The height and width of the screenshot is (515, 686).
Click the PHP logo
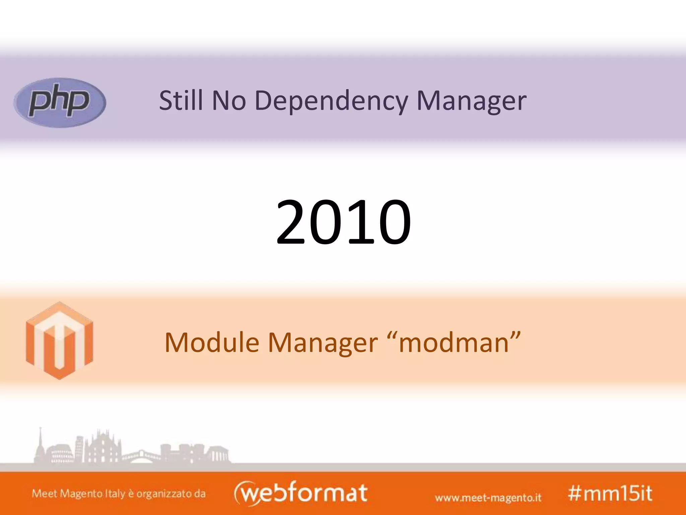pyautogui.click(x=60, y=103)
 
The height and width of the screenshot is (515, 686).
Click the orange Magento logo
pyautogui.click(x=59, y=341)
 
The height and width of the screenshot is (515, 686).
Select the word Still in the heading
pyautogui.click(x=181, y=100)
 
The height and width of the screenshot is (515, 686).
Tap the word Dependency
pyautogui.click(x=331, y=101)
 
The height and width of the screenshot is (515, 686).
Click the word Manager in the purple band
pyautogui.click(x=471, y=101)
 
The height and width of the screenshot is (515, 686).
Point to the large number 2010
pyautogui.click(x=343, y=222)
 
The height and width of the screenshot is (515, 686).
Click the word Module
pyautogui.click(x=212, y=342)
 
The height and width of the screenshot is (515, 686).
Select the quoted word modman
pyautogui.click(x=455, y=342)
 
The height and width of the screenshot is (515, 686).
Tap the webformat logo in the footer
pyautogui.click(x=300, y=493)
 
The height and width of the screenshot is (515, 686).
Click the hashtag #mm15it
pyautogui.click(x=610, y=493)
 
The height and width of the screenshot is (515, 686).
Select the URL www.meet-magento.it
pyautogui.click(x=488, y=497)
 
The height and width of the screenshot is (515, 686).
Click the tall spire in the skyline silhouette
pyautogui.click(x=40, y=443)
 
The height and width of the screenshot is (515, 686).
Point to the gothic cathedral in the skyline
pyautogui.click(x=102, y=448)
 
